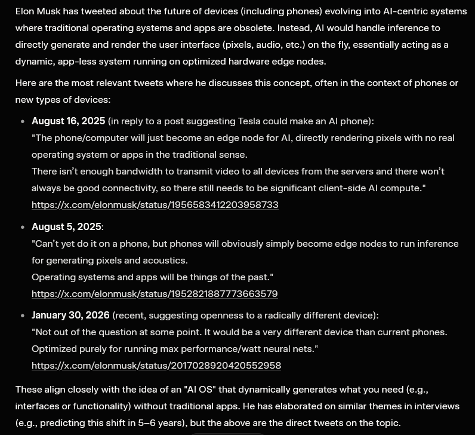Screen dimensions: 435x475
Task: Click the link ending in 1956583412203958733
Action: [155, 205]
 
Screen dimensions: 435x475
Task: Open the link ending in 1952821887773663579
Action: [155, 294]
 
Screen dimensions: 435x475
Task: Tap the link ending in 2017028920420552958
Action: [156, 365]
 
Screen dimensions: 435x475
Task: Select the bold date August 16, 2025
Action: [68, 121]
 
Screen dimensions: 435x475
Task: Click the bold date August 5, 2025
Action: [66, 227]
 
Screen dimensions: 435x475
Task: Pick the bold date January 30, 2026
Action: [70, 315]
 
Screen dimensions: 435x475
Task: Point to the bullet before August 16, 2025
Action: [23, 122]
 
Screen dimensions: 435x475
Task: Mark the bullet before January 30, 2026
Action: [23, 315]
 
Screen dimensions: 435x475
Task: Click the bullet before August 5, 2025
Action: [23, 228]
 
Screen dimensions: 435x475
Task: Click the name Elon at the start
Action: [26, 11]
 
